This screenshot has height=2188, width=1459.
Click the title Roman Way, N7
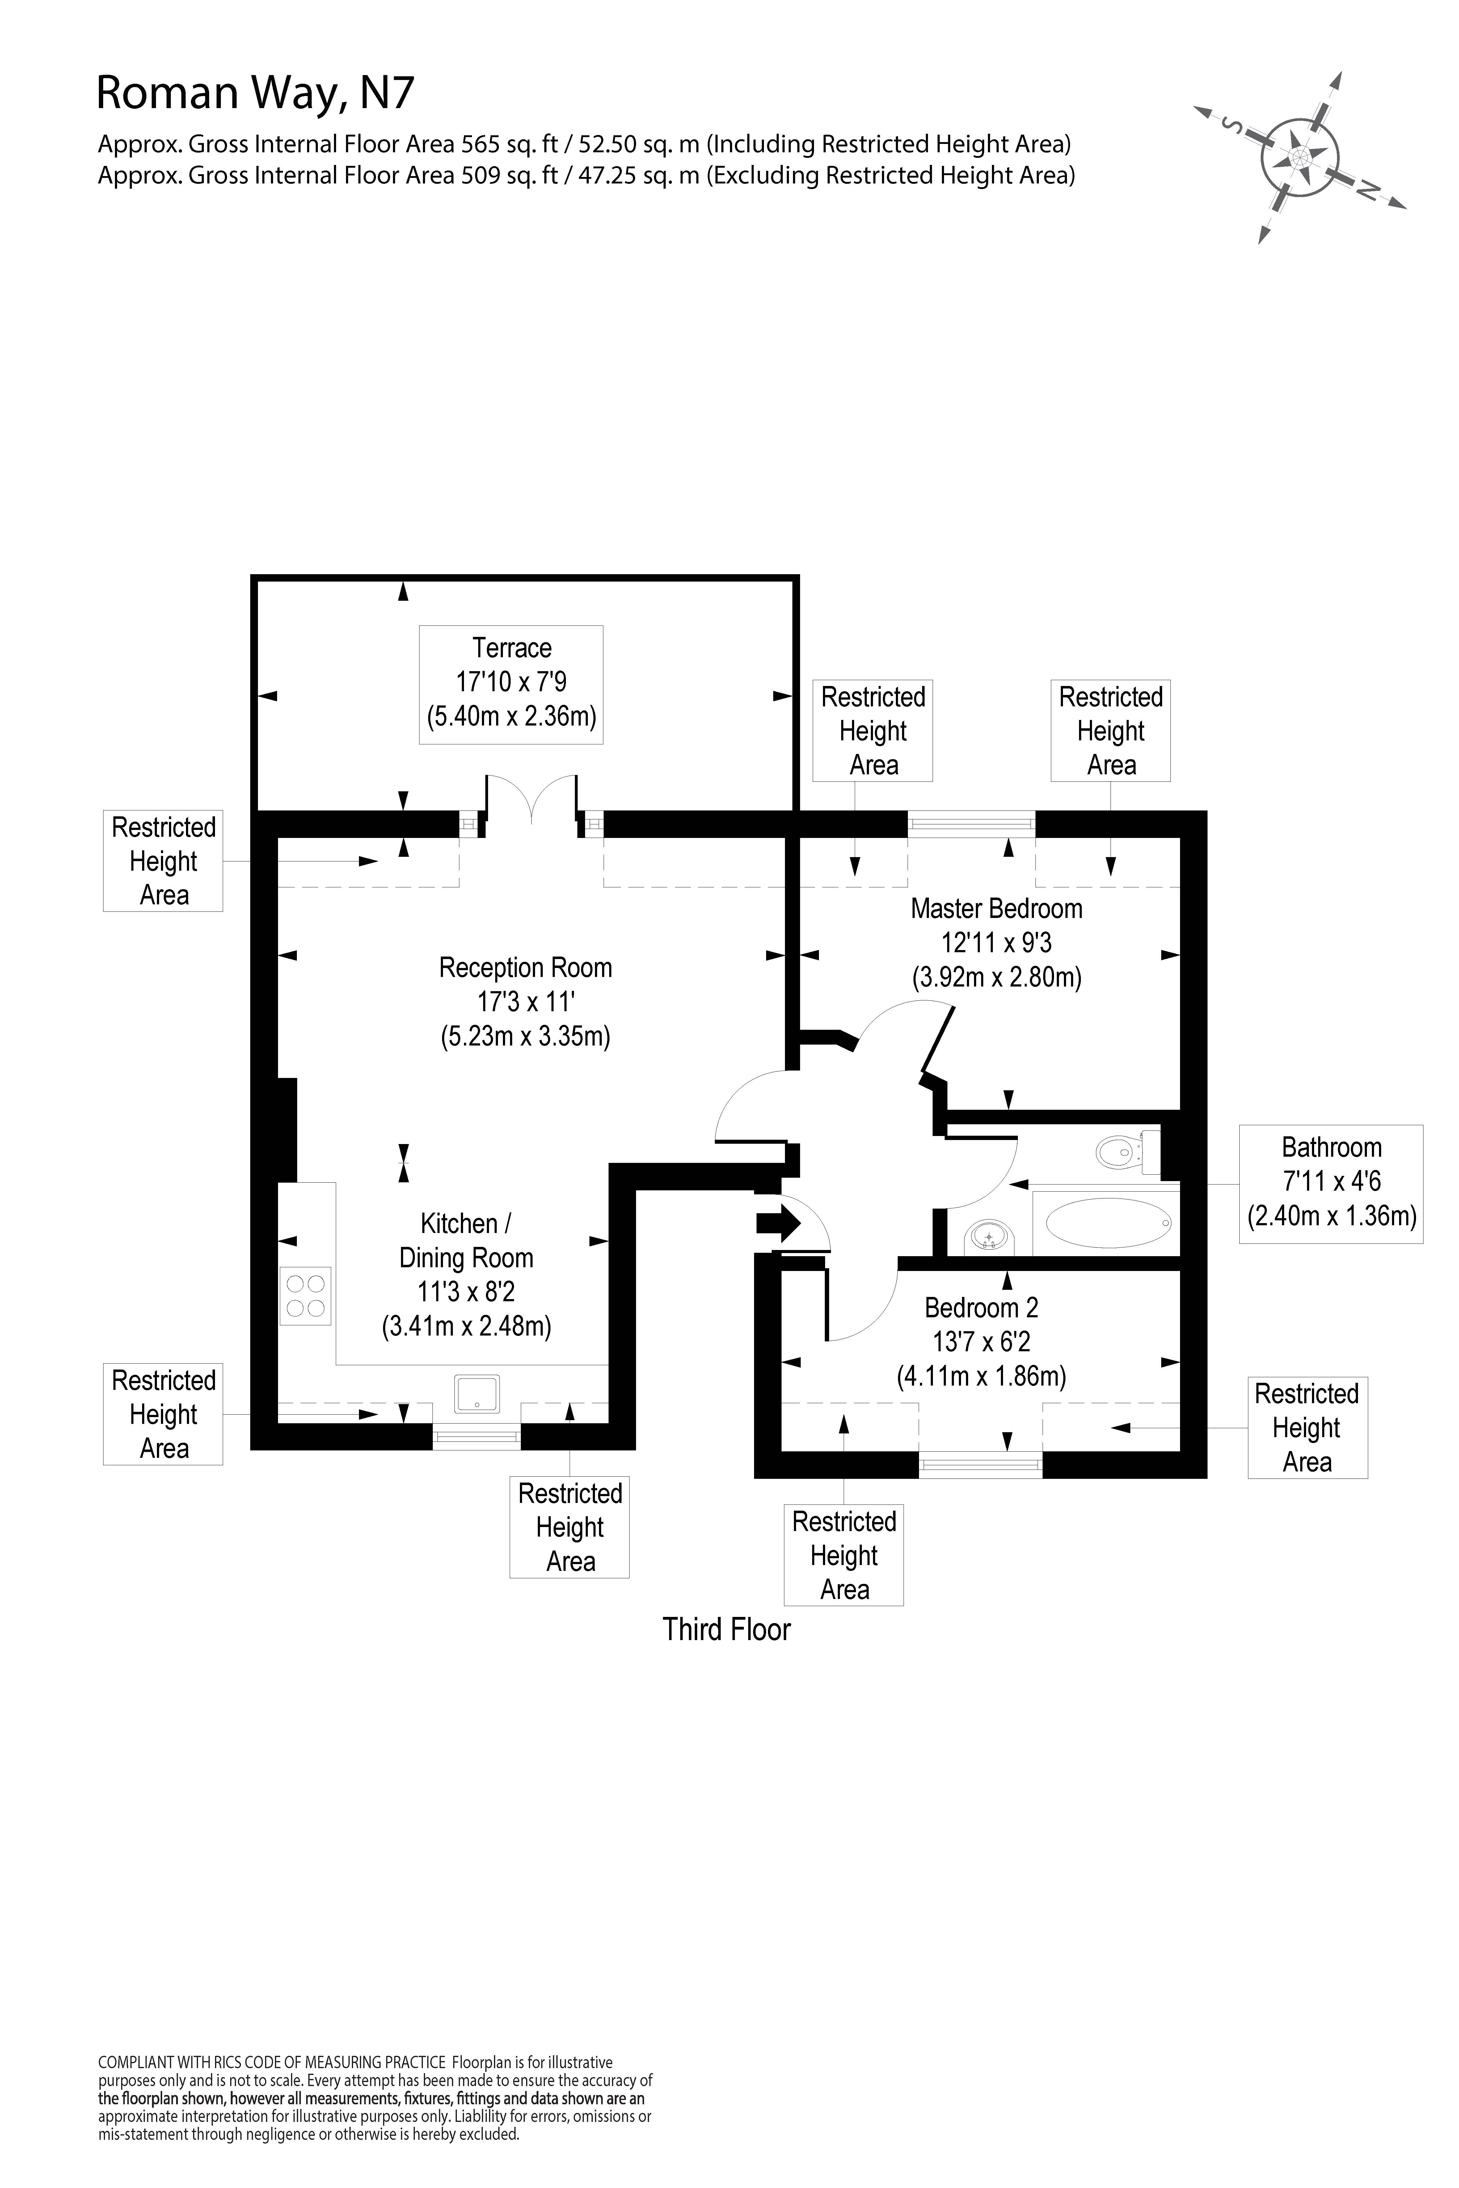click(255, 93)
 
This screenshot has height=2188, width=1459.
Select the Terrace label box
click(511, 684)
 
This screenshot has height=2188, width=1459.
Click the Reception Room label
click(525, 1002)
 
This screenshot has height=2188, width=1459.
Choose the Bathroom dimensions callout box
click(1330, 1183)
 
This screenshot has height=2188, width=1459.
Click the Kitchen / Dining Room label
click(466, 1274)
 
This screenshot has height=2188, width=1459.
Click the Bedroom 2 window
click(980, 1464)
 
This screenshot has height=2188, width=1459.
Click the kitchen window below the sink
click(476, 1436)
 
